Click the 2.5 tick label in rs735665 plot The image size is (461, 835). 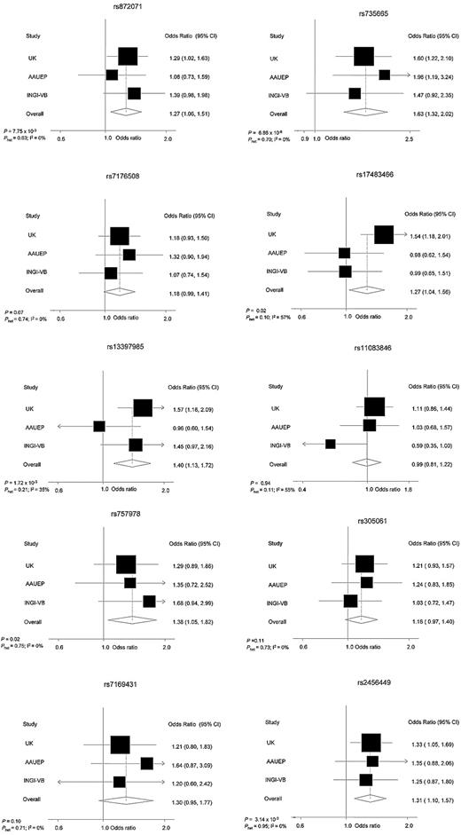tap(409, 138)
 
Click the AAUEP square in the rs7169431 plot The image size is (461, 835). tap(146, 762)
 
